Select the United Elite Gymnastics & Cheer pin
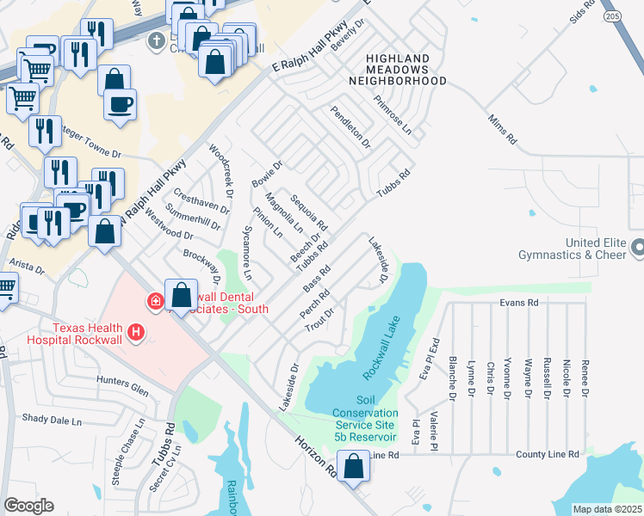637,249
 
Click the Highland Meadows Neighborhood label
398,69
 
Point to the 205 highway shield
612,15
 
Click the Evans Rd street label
519,303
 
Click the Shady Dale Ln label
52,421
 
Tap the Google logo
28,506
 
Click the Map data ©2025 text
607,509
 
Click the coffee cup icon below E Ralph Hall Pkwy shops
120,104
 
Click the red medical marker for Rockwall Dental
155,300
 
